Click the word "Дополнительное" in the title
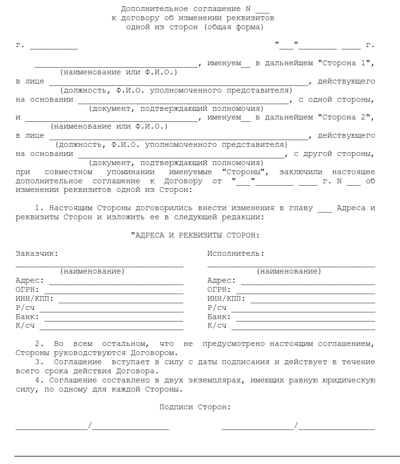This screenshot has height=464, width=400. tap(154, 9)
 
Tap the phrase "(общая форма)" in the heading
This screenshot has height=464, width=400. tap(234, 27)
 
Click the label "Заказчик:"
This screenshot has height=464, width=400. tap(37, 254)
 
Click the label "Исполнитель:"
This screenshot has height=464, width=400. tap(235, 254)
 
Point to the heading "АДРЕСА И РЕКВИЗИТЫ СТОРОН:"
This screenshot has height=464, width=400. tap(195, 236)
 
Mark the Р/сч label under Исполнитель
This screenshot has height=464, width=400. tap(217, 308)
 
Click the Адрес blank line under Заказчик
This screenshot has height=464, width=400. tap(116, 283)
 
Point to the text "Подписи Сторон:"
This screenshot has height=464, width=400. tap(195, 407)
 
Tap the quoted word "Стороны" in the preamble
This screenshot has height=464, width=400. tap(245, 172)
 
